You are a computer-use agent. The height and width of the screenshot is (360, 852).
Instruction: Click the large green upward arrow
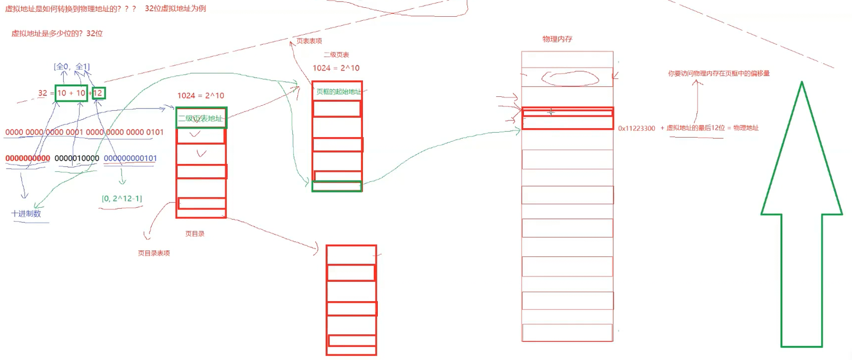click(x=802, y=224)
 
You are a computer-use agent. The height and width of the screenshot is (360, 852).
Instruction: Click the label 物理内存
click(x=557, y=39)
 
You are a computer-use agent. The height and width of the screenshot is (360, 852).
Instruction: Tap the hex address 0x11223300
click(x=636, y=128)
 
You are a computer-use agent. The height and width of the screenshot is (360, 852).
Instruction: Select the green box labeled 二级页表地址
click(x=201, y=118)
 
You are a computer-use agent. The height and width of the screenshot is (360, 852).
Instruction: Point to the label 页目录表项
click(x=154, y=253)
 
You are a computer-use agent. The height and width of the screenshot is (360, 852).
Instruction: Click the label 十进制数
click(x=26, y=214)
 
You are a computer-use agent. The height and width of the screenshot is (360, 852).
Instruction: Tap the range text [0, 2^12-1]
click(x=121, y=198)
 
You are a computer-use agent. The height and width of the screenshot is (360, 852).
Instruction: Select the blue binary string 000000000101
click(x=130, y=158)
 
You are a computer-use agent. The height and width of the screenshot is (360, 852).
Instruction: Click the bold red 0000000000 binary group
click(x=28, y=158)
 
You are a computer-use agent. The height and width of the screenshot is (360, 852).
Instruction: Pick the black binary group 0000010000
click(x=77, y=158)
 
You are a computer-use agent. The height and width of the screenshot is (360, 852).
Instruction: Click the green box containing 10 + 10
click(x=71, y=93)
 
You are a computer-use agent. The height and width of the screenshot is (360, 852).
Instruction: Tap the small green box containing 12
click(x=99, y=93)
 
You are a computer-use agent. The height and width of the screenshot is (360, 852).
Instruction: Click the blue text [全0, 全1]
click(x=72, y=67)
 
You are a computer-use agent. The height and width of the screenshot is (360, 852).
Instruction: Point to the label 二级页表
click(x=336, y=55)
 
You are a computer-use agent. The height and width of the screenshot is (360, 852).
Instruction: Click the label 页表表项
click(x=309, y=41)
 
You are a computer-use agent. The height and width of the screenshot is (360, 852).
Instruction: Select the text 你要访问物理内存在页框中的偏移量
click(x=719, y=73)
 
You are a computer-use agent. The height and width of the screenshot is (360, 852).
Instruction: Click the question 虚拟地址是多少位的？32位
click(x=57, y=34)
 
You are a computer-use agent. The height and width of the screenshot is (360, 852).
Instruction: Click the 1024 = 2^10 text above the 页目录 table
click(x=200, y=95)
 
